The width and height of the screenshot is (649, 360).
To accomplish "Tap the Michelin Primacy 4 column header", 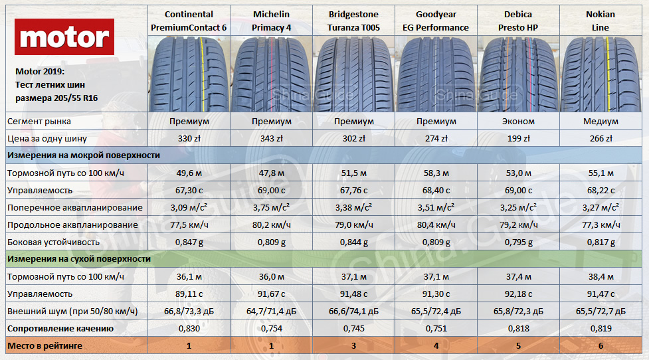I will click(271, 21).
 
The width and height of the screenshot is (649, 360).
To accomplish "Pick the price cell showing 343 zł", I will click(271, 139).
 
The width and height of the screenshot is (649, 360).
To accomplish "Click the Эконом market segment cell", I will click(518, 122).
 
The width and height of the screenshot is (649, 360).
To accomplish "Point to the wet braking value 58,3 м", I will click(436, 173).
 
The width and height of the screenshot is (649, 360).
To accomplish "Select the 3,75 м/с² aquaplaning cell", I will click(271, 208).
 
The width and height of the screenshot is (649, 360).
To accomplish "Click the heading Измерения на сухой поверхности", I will click(78, 259).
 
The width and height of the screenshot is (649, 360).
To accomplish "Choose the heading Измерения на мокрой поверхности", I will click(82, 155).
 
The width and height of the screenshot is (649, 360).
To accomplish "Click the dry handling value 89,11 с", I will click(189, 294).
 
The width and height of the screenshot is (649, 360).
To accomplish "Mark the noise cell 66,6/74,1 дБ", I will click(353, 311).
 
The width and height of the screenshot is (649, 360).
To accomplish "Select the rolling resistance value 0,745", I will click(353, 328).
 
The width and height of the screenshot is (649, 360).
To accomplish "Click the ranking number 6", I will click(601, 345).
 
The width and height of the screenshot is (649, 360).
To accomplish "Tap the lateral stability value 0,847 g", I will click(189, 242).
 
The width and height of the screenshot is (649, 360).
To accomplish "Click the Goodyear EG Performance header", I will click(436, 21).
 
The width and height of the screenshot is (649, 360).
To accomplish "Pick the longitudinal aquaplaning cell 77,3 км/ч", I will click(601, 225).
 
